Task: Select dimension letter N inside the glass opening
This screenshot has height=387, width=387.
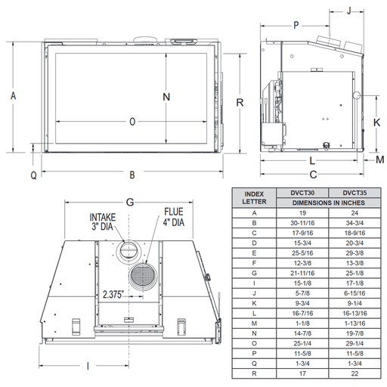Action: (166, 96)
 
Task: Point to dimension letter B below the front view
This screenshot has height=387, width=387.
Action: (132, 175)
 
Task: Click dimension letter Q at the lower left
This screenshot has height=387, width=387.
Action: (33, 175)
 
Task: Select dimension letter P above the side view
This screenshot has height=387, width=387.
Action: (296, 26)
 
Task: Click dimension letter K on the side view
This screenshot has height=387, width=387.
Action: (376, 121)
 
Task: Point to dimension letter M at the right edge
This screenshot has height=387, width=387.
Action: (379, 159)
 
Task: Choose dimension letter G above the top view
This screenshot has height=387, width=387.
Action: (130, 202)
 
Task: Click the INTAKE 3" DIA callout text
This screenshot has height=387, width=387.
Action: (104, 220)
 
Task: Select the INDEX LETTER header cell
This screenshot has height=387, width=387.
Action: (254, 197)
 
